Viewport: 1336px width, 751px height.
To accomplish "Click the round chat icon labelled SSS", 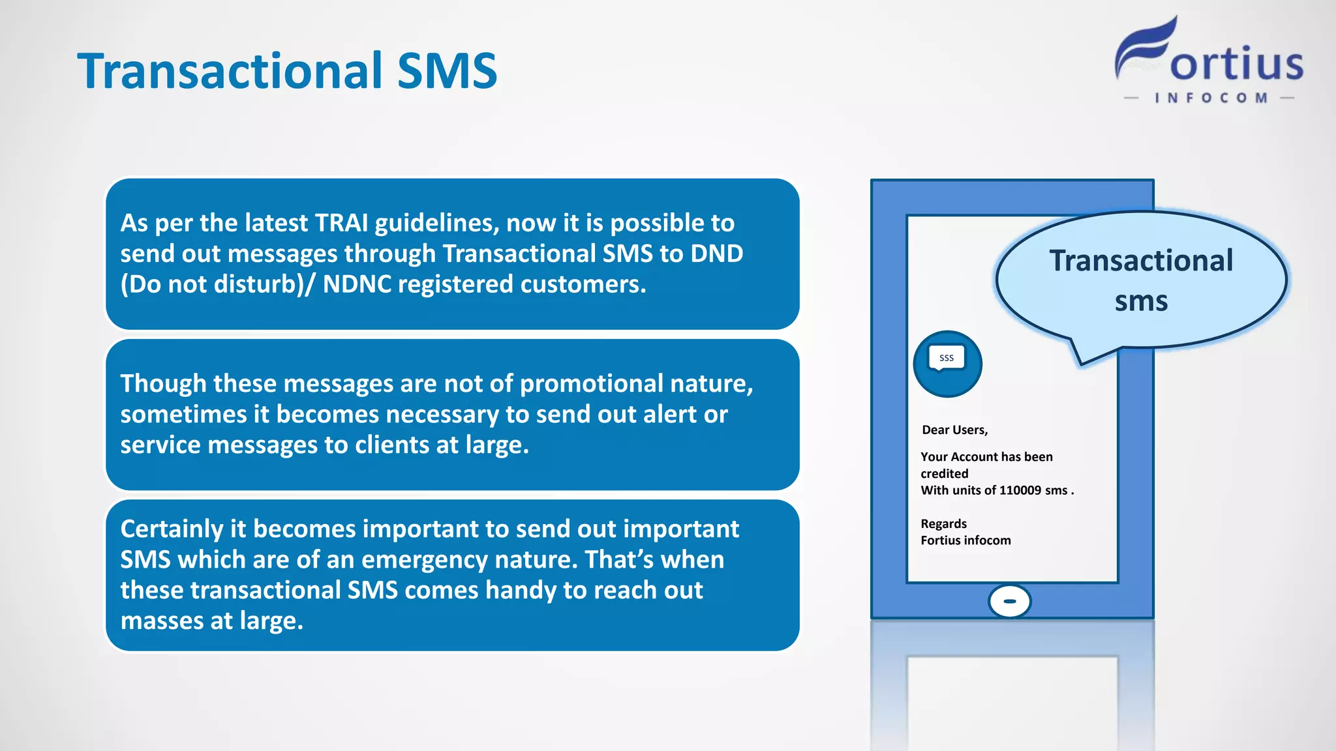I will [947, 364].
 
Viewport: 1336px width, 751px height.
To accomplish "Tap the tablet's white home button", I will [1009, 601].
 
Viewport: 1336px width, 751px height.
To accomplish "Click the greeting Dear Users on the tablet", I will [954, 430].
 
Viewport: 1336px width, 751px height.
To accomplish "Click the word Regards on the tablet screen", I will [943, 523].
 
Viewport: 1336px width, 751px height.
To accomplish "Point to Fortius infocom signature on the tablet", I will [965, 540].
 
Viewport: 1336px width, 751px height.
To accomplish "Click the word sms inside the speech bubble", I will [1140, 301].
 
